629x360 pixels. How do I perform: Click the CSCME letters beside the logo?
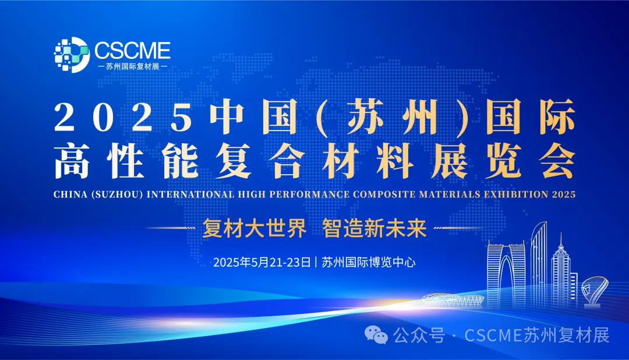coord(131,50)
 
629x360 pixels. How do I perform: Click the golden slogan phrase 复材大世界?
coord(255,228)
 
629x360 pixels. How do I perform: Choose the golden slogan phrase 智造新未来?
coord(374,228)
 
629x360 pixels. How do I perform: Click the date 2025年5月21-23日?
coord(262,262)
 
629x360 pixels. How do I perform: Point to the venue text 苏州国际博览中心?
coord(369,262)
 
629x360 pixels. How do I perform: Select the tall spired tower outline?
coord(560,265)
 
